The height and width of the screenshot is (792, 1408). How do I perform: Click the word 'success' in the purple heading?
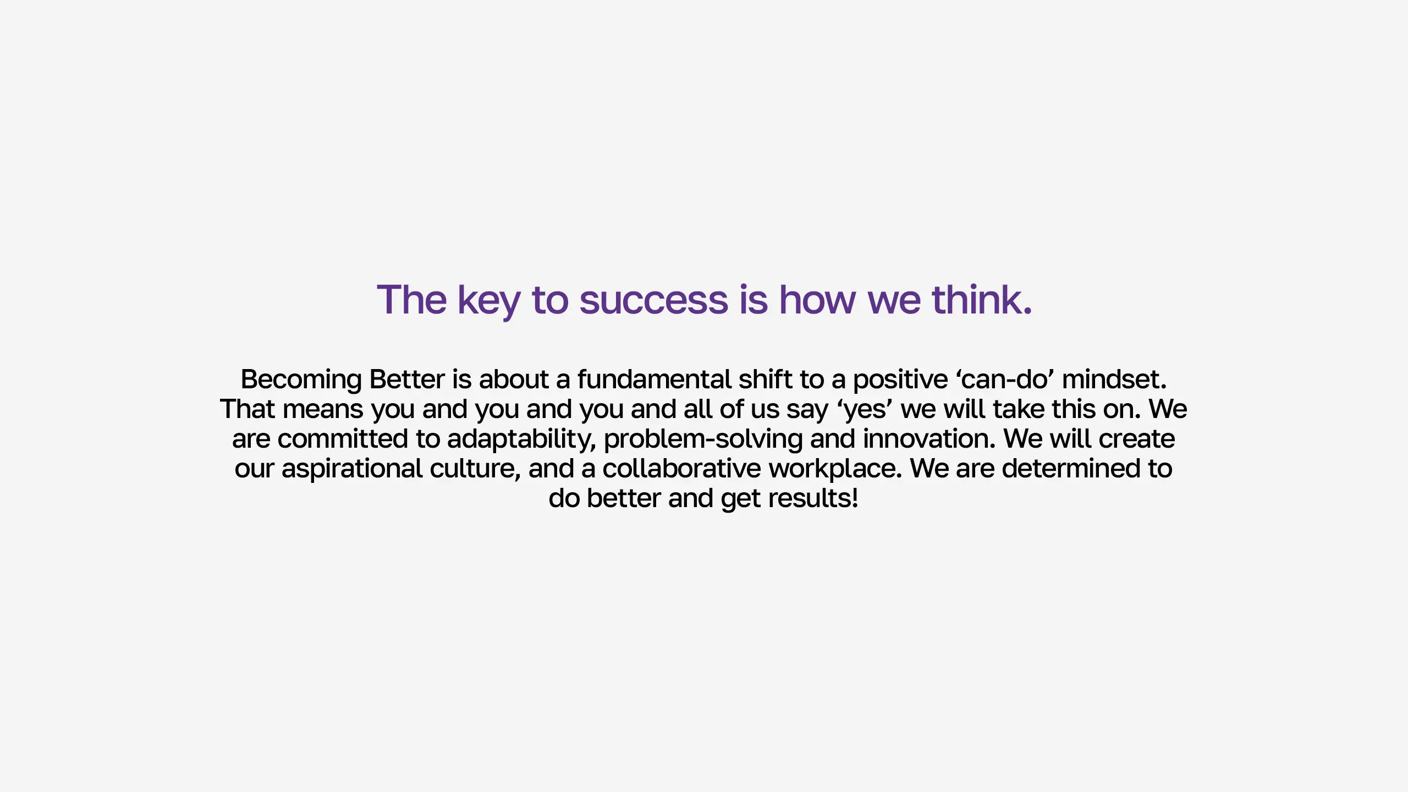pos(653,300)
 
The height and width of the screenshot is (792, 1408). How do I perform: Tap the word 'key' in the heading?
pos(489,301)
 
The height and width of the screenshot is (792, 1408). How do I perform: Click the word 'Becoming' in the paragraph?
pos(301,380)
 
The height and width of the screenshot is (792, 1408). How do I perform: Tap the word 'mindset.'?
pos(1114,379)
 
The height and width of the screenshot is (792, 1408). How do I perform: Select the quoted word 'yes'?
pos(865,410)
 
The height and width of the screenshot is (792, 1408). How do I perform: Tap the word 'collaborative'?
pos(682,468)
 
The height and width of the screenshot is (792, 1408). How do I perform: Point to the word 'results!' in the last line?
pos(813,498)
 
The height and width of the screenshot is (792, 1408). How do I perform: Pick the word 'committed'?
pos(343,438)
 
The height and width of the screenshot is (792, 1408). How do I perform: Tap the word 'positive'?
pos(900,380)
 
